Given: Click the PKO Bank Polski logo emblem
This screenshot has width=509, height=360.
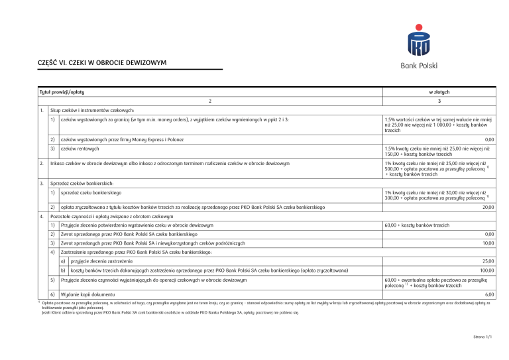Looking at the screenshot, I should [419, 41].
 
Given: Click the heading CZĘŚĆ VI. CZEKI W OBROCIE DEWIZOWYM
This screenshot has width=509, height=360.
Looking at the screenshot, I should [102, 63].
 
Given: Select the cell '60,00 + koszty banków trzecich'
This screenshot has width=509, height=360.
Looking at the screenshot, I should [414, 225].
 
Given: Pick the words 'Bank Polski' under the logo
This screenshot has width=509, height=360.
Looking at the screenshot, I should [419, 65].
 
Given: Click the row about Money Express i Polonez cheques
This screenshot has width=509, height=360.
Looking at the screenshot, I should [121, 140].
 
